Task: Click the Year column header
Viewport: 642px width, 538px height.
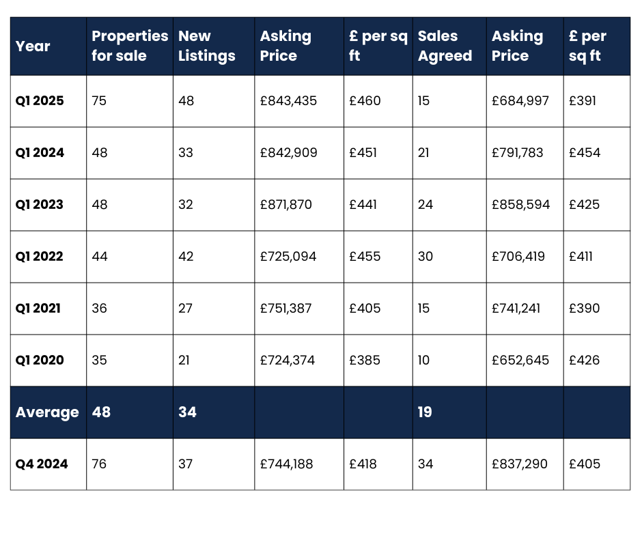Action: [33, 46]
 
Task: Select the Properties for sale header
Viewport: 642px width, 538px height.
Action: [130, 46]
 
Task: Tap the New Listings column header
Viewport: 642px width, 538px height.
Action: [206, 46]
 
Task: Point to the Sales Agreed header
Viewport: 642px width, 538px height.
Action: [445, 46]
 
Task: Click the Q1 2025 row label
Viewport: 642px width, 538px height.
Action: [40, 101]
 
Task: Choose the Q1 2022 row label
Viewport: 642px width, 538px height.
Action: [40, 257]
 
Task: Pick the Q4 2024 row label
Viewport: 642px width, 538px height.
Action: [42, 464]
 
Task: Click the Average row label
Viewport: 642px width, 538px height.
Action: [47, 412]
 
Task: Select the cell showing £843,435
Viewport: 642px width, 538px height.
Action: [288, 101]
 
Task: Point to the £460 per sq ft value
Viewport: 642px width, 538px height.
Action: [365, 101]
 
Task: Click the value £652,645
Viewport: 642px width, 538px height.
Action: [520, 360]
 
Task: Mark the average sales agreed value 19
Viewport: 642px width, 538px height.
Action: [425, 412]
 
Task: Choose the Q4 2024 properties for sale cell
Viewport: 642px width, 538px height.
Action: [99, 464]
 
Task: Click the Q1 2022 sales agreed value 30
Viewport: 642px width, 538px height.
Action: [425, 257]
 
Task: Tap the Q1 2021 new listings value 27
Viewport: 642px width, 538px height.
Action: [186, 309]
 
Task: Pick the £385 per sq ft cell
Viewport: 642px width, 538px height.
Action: [365, 360]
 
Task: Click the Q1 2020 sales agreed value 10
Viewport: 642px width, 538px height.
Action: [424, 360]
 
